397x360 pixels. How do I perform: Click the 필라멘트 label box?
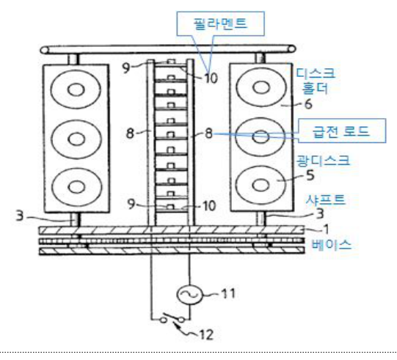coord(220,23)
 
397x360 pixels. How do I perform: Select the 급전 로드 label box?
coord(342,131)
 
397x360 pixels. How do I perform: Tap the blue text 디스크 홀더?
coord(316,81)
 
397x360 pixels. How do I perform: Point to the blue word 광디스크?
coord(323,161)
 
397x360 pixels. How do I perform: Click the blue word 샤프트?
coord(326,199)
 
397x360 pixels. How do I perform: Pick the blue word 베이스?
coord(332,245)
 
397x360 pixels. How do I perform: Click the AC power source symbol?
coord(189,295)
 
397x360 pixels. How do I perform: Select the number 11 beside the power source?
coord(228,293)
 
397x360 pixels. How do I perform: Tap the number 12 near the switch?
coord(207,335)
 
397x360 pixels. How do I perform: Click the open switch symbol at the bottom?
coord(172,318)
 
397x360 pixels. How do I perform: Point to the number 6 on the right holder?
coord(308,104)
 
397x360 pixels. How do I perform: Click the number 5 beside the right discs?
coord(310,175)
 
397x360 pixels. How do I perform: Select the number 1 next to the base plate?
coord(327,229)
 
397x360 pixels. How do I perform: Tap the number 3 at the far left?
coord(20,216)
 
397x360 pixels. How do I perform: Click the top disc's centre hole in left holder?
coord(76,89)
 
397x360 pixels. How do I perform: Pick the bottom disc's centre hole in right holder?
coord(261,185)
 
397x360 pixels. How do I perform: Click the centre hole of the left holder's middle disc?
coord(76,139)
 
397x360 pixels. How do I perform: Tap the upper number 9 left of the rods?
coord(126,67)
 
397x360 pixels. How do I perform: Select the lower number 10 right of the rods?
coord(209,206)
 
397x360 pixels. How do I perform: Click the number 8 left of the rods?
coord(130,133)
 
